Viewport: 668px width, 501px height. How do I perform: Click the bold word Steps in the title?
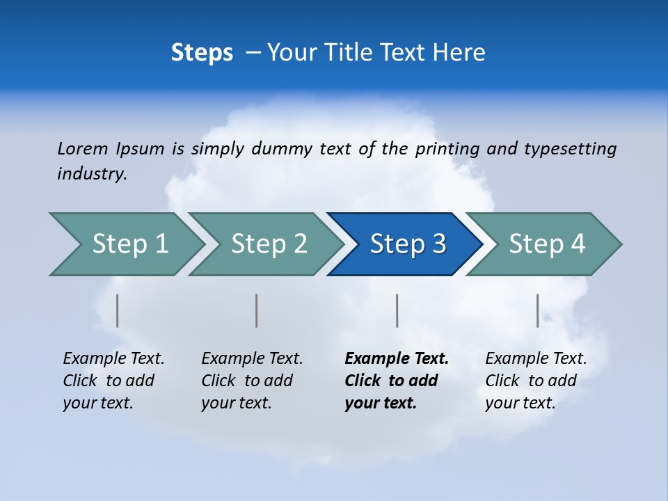click(202, 53)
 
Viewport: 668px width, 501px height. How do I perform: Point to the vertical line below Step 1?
click(118, 310)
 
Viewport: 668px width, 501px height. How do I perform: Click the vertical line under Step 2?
click(257, 310)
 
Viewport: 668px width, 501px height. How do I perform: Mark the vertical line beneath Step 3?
click(397, 310)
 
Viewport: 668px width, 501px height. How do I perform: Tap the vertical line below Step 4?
click(538, 310)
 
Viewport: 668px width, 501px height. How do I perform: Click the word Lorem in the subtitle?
click(83, 148)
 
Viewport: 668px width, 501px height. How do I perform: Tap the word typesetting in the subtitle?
click(570, 148)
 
